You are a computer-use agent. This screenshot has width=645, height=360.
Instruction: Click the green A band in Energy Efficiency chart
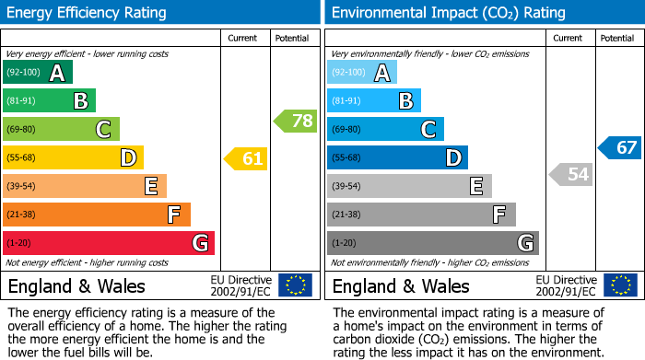coord(38,73)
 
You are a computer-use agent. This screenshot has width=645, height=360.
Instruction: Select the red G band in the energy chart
coord(109,243)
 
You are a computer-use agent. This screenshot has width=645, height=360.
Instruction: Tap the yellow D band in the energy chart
coord(74,158)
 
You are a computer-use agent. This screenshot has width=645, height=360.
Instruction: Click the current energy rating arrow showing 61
coord(247,159)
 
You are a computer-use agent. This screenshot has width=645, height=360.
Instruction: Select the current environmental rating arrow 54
coord(571,174)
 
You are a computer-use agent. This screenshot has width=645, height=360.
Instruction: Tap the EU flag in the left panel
coord(295,285)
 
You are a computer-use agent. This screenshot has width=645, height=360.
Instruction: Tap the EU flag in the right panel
coord(619,285)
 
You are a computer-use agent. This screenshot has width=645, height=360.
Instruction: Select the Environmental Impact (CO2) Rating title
coord(448,13)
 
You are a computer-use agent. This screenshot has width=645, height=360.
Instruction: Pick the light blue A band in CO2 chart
coord(362,73)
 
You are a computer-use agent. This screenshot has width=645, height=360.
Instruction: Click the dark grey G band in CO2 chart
coord(433,243)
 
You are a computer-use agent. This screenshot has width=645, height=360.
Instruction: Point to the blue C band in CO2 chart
coord(385,130)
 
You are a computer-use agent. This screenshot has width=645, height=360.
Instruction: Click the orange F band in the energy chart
coord(97,215)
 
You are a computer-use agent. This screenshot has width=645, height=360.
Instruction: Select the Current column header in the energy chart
coord(243,38)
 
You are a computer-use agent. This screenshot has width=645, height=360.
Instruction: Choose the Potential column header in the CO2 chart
coord(616,38)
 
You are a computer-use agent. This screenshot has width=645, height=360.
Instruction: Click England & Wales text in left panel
coord(76,285)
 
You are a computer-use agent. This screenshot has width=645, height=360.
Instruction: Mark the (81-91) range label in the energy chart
coord(22,101)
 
